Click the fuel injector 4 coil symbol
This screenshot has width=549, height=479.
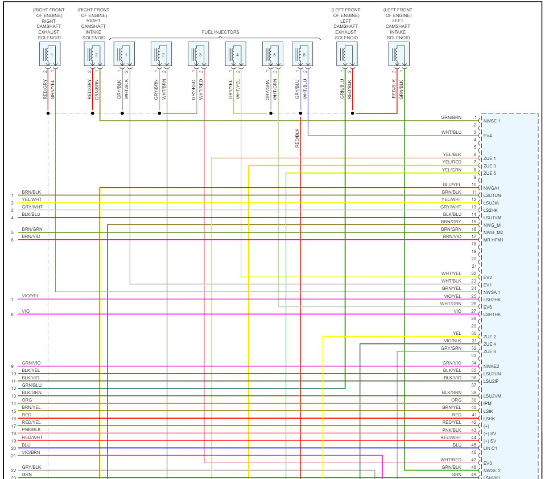pos(234,55)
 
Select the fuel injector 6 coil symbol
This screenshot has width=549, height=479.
pos(302,55)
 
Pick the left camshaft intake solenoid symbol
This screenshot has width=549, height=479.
pos(400,55)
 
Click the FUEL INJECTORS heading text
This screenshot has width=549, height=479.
pos(220,32)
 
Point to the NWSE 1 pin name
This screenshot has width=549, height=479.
pos(492,121)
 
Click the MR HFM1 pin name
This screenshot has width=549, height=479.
pos(493,240)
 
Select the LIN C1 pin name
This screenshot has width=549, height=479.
pos(491,448)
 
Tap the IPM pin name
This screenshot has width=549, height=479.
pos(487,403)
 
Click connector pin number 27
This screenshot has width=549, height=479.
pos(473,311)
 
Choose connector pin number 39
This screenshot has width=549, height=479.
pos(473,400)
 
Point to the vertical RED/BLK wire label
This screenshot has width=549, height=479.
pos(297,138)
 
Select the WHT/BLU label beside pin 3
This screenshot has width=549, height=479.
pos(451,132)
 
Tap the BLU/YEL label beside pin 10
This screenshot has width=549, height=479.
pos(452,185)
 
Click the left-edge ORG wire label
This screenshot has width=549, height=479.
pos(26,400)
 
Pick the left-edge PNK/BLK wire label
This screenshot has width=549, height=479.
pos(31,430)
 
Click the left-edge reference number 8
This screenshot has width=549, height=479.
pos(12,314)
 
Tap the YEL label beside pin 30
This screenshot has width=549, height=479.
pos(456,333)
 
